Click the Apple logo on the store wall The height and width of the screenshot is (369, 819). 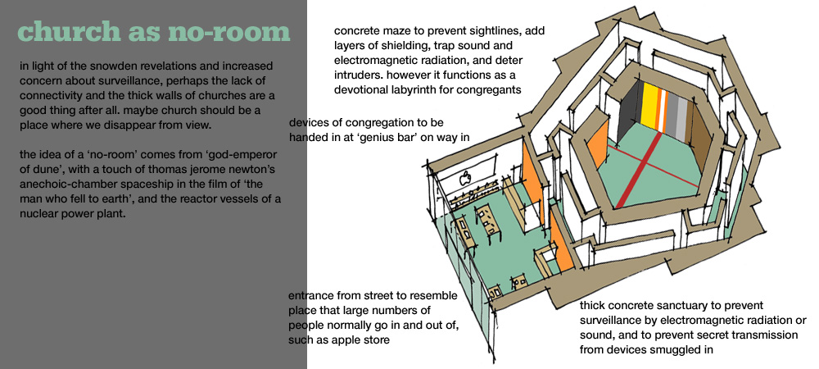click(x=464, y=180)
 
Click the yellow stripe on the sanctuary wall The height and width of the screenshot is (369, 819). click(x=649, y=107)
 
